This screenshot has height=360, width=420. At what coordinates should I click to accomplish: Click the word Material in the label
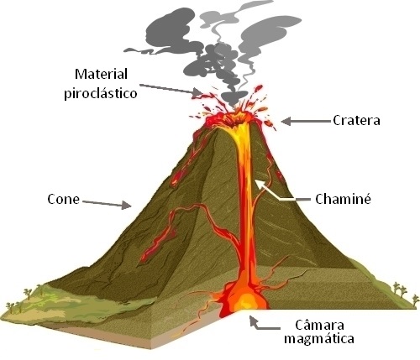(x=101, y=74)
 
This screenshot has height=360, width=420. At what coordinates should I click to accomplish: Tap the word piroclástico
(x=101, y=93)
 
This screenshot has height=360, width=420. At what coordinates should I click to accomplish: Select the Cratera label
(x=356, y=120)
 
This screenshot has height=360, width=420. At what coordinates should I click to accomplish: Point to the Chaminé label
(x=343, y=199)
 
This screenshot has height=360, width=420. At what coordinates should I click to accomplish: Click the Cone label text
(x=63, y=200)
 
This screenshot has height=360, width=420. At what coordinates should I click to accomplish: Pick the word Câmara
(x=319, y=326)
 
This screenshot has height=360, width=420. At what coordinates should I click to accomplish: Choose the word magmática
(x=319, y=339)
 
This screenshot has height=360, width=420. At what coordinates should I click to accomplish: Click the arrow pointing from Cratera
(x=306, y=122)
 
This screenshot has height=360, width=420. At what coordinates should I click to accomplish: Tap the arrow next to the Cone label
(x=107, y=204)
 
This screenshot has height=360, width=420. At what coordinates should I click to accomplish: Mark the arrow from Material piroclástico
(x=171, y=89)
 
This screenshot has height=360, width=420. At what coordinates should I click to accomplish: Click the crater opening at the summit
(x=234, y=118)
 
